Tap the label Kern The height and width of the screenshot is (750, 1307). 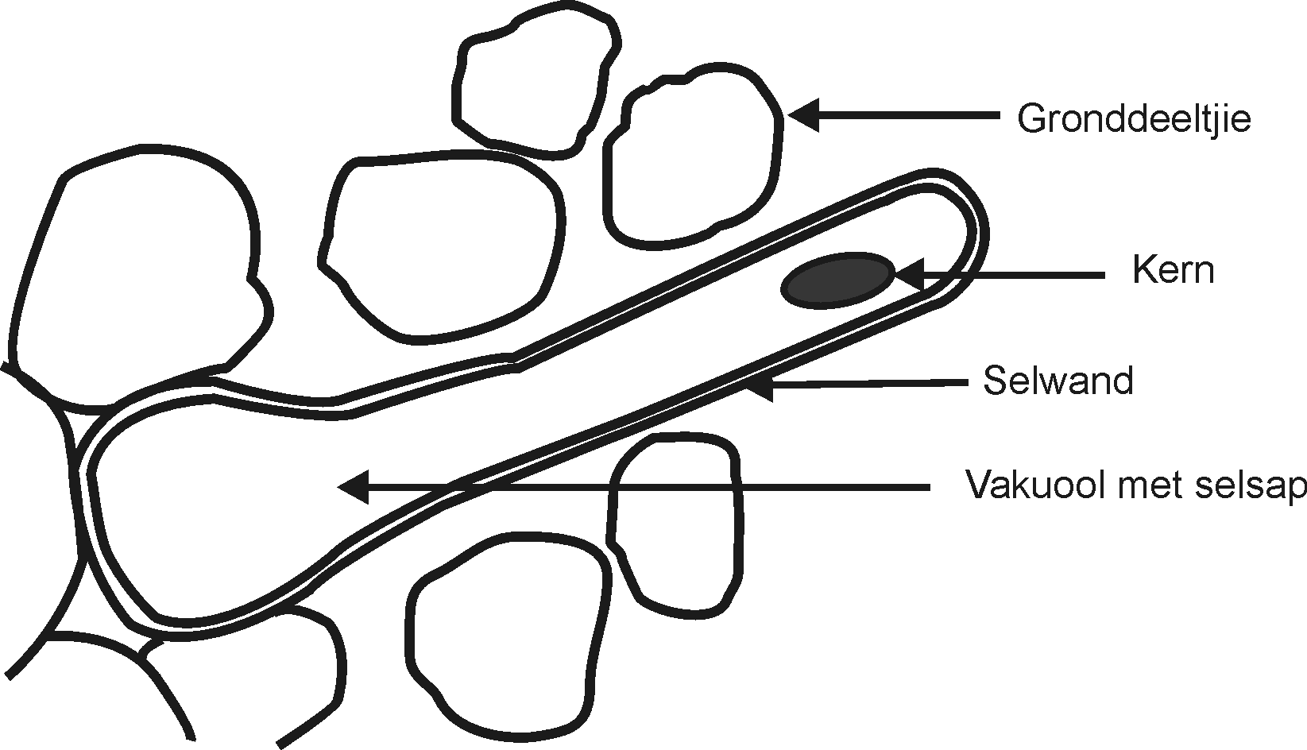click(x=1174, y=272)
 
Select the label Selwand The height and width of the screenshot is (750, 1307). click(x=1058, y=381)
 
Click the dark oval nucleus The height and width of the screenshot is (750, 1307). click(x=838, y=280)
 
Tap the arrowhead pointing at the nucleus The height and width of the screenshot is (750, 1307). click(x=908, y=274)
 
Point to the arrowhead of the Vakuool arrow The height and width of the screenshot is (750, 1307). click(x=354, y=486)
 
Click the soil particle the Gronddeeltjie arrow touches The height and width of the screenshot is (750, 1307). click(x=693, y=156)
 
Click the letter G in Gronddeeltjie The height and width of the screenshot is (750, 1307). click(x=1034, y=119)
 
